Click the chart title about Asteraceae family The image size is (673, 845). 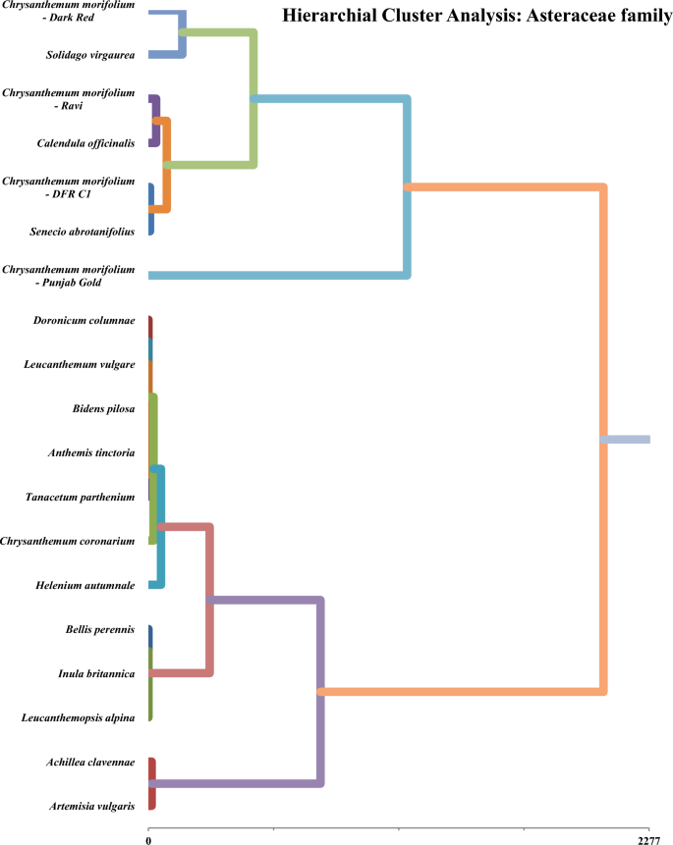[476, 16]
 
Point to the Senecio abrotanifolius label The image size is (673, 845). [80, 232]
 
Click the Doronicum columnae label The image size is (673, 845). [84, 321]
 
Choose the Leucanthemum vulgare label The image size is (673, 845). [80, 365]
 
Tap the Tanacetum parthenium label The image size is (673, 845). [80, 498]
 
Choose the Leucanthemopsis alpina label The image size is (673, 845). [78, 718]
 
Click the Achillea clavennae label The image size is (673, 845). [86, 763]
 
